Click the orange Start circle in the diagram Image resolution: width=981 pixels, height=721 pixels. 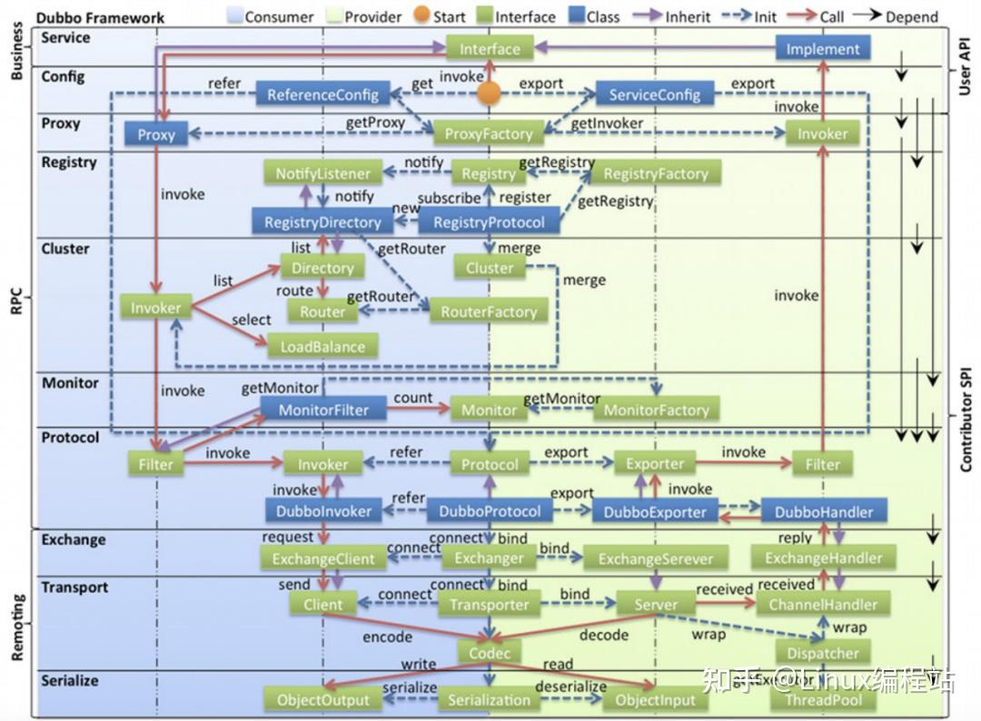[490, 93]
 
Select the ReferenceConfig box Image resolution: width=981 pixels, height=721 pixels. [322, 94]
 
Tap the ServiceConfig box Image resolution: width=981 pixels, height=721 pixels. [654, 94]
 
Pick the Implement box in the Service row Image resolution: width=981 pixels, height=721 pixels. [822, 49]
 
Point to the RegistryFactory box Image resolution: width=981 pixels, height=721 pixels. [655, 173]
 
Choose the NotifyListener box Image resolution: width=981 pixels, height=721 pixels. [323, 173]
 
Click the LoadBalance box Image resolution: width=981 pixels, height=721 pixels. [322, 346]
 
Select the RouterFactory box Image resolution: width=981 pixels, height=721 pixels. [489, 311]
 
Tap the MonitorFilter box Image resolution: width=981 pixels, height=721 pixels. [323, 410]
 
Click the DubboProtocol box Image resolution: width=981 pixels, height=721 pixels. [489, 511]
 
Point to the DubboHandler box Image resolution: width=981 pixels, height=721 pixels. [824, 511]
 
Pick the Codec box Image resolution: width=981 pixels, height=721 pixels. [489, 653]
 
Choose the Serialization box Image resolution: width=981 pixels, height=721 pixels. [489, 700]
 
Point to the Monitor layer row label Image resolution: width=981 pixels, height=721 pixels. [70, 383]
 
